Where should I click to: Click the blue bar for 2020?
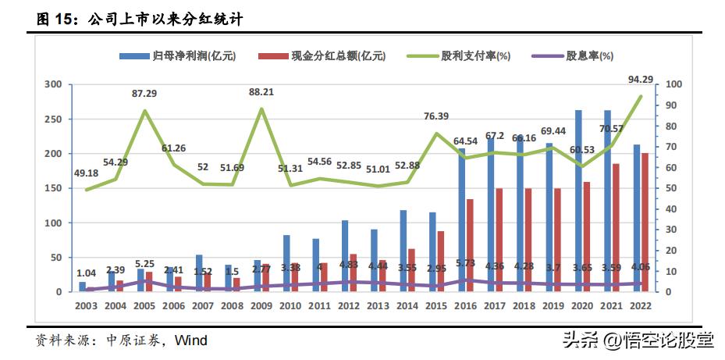tap(578, 201)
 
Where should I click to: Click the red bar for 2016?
tap(470, 245)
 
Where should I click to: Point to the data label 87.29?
tap(144, 93)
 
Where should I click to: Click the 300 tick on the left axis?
tap(53, 84)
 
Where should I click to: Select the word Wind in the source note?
tap(190, 340)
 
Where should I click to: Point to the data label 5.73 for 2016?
tap(465, 263)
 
